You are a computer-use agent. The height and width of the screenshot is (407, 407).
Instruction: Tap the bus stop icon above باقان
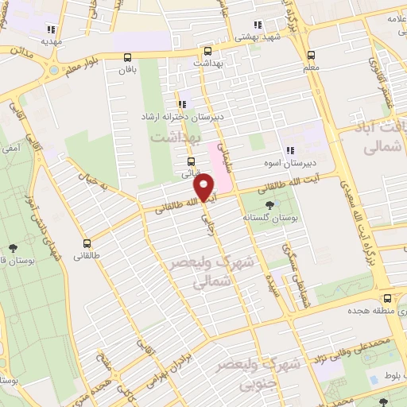tap(128, 56)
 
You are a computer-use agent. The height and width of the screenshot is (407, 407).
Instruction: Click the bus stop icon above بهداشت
tap(207, 48)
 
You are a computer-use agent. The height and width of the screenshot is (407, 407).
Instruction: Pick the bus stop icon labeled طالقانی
tap(86, 243)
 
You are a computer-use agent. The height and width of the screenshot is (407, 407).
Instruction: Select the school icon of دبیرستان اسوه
tap(290, 149)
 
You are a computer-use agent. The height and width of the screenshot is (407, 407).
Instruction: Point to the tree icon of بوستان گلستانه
tap(271, 203)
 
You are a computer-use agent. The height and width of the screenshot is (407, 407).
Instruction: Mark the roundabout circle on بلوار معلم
tap(54, 69)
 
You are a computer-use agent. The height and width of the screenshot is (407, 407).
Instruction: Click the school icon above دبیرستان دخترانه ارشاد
tap(184, 103)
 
